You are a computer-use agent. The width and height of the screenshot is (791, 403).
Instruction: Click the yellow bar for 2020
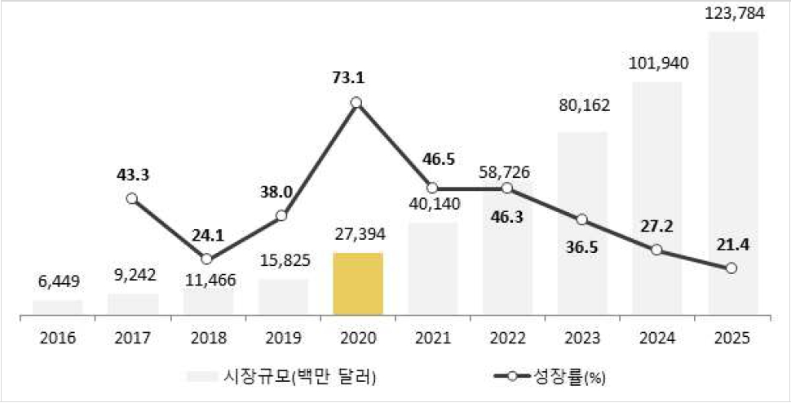point(357,283)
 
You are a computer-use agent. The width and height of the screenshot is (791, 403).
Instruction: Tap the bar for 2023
point(582,223)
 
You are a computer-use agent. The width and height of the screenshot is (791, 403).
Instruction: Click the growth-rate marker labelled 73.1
point(356,103)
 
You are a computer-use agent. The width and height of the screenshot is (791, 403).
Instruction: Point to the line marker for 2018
point(206,259)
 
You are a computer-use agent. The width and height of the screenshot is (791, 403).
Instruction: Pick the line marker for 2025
point(731,268)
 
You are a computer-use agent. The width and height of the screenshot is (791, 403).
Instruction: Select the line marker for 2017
point(132,198)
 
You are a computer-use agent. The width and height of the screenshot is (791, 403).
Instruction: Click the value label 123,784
point(732,14)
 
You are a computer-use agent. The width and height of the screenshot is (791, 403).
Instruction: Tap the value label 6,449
point(57,283)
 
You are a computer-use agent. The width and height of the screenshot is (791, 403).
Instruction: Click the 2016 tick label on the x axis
point(57,337)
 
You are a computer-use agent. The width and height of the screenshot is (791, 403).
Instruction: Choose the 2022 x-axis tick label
point(507,337)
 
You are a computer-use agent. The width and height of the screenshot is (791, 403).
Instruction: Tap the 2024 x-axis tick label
point(657,337)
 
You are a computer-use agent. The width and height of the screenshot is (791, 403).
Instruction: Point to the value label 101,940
point(657,63)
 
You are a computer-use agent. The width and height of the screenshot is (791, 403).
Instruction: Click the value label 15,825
point(282,263)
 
